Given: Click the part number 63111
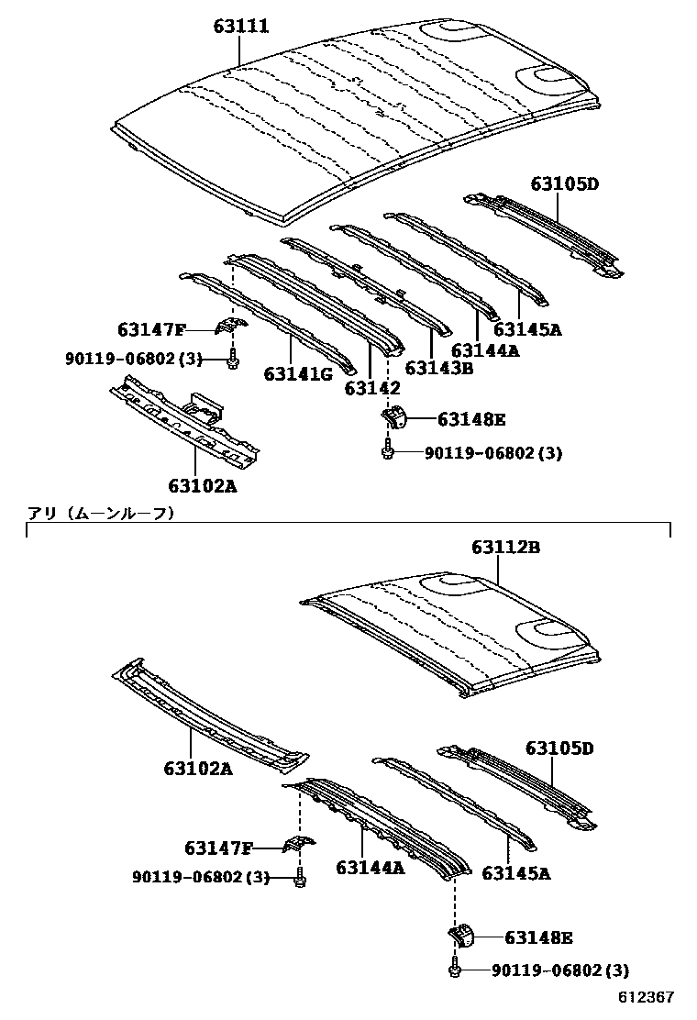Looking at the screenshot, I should pos(241,27).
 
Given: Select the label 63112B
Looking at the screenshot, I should pos(505,548).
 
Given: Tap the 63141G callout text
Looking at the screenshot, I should pos(298,373).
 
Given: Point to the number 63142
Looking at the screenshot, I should pos(372,389).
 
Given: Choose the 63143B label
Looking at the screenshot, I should pos(438,368).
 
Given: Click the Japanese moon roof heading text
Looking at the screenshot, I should pos(100,514).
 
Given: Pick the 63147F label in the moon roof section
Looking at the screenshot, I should pos(218,848).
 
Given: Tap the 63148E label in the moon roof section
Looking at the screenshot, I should pos(538,937).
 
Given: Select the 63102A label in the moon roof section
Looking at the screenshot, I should pos(199,770).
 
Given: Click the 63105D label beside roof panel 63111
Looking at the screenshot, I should pos(563,184).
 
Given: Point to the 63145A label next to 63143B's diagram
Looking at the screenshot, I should pos(526,330).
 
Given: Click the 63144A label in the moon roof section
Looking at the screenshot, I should pos(370,867).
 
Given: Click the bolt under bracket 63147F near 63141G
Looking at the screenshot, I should pos(233,360).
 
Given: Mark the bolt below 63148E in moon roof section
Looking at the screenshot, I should pos(456,969).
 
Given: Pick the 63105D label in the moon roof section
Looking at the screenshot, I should pos(559,748).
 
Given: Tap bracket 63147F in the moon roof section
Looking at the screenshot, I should pos(297,844).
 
